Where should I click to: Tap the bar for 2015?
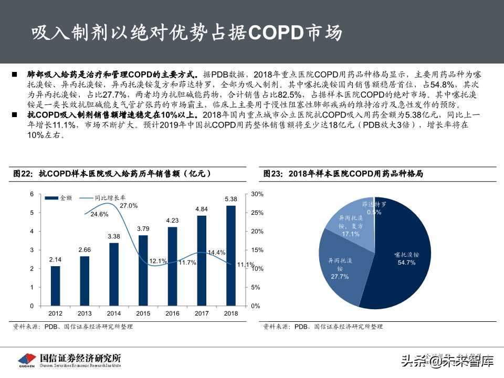143,270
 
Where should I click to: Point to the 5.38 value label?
231,199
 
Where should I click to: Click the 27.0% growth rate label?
129,205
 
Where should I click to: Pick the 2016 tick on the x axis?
172,313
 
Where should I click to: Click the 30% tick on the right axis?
257,194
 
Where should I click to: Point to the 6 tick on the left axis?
31,194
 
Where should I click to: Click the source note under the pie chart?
323,327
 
